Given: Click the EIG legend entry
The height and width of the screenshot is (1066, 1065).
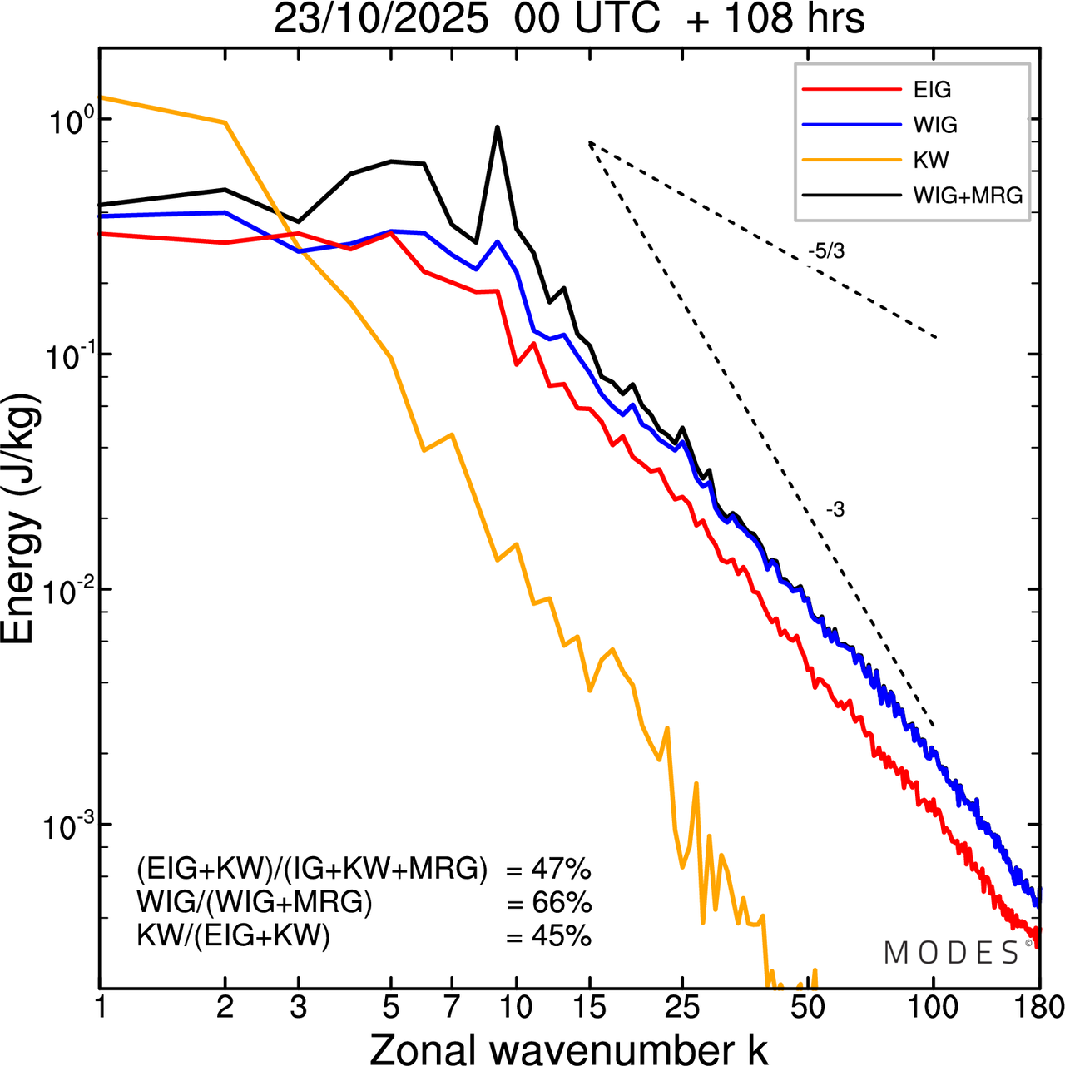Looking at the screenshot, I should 932,90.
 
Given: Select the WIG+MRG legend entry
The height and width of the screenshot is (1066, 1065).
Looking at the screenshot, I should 968,196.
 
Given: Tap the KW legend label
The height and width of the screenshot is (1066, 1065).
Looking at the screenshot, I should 931,160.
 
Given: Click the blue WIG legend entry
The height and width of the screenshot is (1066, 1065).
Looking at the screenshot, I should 935,125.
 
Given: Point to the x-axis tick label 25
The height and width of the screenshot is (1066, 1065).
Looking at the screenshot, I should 682,1008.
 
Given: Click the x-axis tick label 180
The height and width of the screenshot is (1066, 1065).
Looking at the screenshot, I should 1038,1008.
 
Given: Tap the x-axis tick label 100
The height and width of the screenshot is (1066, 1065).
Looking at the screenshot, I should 933,1008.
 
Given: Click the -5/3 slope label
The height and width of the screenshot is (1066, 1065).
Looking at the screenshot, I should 825,251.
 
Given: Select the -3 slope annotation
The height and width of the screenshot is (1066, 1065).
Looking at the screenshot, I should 835,510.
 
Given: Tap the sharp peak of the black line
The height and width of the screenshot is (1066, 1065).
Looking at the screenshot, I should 498,127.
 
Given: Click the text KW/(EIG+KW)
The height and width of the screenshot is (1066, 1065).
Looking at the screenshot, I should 233,936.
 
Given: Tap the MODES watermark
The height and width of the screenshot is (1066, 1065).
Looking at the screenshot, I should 952,953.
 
